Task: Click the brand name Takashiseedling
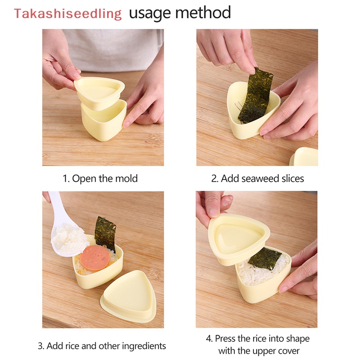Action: point(67,13)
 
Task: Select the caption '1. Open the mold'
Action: point(100,178)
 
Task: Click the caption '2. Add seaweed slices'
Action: point(257,178)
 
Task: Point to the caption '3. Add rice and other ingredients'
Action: point(102,346)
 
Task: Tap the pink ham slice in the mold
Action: point(95,255)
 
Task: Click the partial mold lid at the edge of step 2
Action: point(305,157)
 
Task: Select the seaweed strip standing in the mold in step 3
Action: point(105,232)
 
